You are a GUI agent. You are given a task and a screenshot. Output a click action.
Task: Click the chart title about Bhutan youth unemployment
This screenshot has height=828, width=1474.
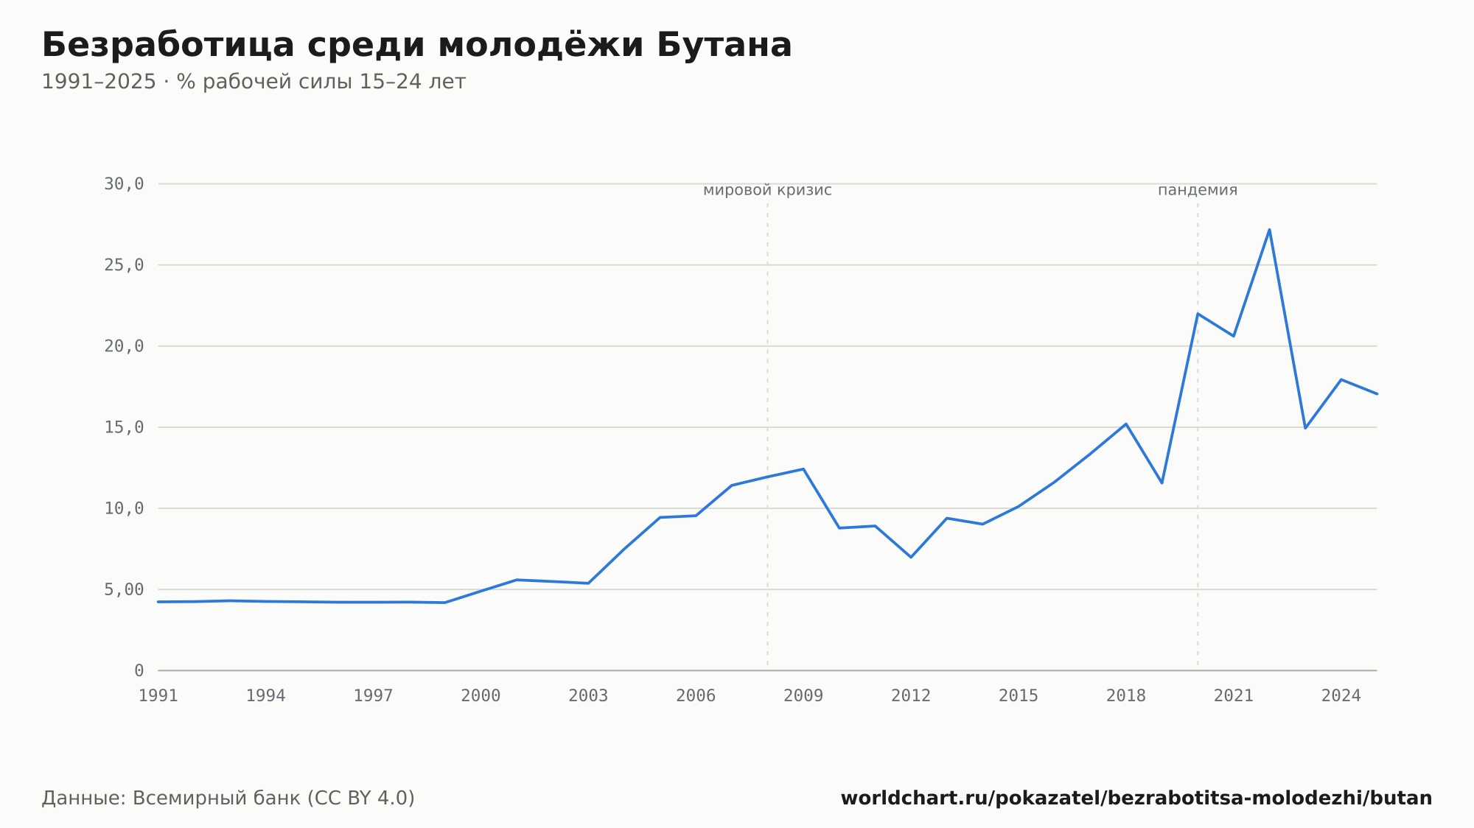click(416, 46)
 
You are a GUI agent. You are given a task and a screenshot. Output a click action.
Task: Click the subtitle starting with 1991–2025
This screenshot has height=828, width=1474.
click(254, 82)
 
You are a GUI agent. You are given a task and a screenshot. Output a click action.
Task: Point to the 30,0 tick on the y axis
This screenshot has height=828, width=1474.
click(124, 184)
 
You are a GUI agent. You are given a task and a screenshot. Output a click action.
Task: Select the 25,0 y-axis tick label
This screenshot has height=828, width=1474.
click(124, 265)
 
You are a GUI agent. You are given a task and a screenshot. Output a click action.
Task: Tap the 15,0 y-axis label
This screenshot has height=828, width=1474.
click(124, 427)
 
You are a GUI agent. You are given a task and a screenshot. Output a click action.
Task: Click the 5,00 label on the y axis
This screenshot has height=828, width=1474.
click(124, 589)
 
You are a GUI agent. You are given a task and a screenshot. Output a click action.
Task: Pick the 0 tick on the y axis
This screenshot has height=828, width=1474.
click(139, 670)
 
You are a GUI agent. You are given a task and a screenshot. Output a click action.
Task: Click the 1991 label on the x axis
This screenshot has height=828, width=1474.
click(158, 696)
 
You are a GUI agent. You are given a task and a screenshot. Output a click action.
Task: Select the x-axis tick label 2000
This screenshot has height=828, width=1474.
click(481, 696)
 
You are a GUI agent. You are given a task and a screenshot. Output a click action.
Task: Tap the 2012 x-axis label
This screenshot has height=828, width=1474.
click(911, 696)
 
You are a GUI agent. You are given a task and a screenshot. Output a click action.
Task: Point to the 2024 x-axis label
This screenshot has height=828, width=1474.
click(1341, 696)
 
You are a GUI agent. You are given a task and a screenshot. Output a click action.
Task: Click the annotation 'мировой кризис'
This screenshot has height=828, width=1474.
click(767, 190)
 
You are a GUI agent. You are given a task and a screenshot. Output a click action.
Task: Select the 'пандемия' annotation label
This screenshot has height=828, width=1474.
click(1198, 190)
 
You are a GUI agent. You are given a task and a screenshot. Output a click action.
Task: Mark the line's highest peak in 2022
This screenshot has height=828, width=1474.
click(1269, 230)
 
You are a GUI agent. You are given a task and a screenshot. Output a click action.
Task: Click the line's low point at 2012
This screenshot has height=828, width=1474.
click(911, 557)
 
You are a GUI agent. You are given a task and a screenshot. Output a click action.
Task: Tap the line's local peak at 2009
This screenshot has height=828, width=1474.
click(803, 469)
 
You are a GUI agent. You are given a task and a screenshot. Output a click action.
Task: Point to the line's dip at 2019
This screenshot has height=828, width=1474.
click(1162, 483)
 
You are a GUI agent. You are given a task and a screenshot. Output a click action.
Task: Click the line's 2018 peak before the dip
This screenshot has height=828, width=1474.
click(1126, 424)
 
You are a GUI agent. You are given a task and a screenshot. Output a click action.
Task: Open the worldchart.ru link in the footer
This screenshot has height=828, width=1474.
click(1136, 799)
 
